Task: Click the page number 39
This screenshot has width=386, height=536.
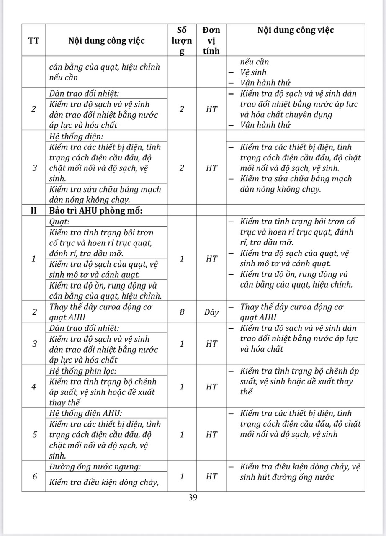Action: click(x=193, y=497)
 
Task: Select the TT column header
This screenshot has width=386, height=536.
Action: click(x=33, y=40)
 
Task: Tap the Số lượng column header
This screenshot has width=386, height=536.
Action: click(x=182, y=40)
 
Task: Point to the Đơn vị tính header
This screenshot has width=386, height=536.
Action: click(x=211, y=40)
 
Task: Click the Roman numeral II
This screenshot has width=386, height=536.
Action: click(x=33, y=210)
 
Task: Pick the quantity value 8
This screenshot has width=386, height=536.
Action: click(x=182, y=312)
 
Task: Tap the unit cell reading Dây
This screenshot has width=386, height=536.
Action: click(x=211, y=312)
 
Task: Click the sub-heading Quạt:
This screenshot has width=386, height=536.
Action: click(x=59, y=221)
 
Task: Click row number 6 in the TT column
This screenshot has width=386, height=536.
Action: click(x=33, y=477)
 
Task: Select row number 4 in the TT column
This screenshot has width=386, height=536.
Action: click(x=33, y=387)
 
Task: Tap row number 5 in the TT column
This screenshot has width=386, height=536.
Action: click(x=33, y=434)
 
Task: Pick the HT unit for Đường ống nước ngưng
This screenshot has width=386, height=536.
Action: click(x=211, y=477)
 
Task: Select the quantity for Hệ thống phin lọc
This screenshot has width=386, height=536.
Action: click(x=182, y=387)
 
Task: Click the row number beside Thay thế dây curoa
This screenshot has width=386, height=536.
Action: click(x=33, y=312)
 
